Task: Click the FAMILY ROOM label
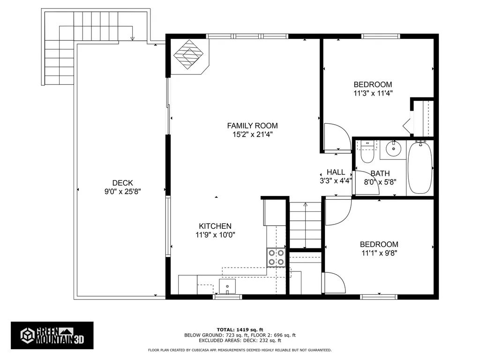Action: (x=252, y=126)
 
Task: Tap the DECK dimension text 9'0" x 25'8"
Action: (x=122, y=192)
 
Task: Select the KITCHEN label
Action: (x=215, y=226)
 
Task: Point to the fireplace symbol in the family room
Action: (x=188, y=54)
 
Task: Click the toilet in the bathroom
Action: (x=367, y=152)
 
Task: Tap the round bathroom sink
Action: (x=393, y=149)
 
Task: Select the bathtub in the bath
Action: (x=420, y=167)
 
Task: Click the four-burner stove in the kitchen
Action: (x=276, y=257)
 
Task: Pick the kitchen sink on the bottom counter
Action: (x=227, y=286)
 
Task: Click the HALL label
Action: (x=336, y=172)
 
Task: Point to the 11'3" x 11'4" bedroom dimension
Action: (x=373, y=93)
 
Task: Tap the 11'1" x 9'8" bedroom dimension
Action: (x=379, y=253)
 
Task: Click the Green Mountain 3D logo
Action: (x=52, y=336)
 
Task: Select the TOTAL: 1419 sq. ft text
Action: (x=240, y=330)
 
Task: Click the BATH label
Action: (x=380, y=173)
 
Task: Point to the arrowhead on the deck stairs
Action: (x=132, y=38)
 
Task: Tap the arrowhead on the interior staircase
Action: (x=305, y=204)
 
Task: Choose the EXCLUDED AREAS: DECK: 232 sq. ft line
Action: (x=240, y=340)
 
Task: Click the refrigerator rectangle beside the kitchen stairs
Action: (x=274, y=212)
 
